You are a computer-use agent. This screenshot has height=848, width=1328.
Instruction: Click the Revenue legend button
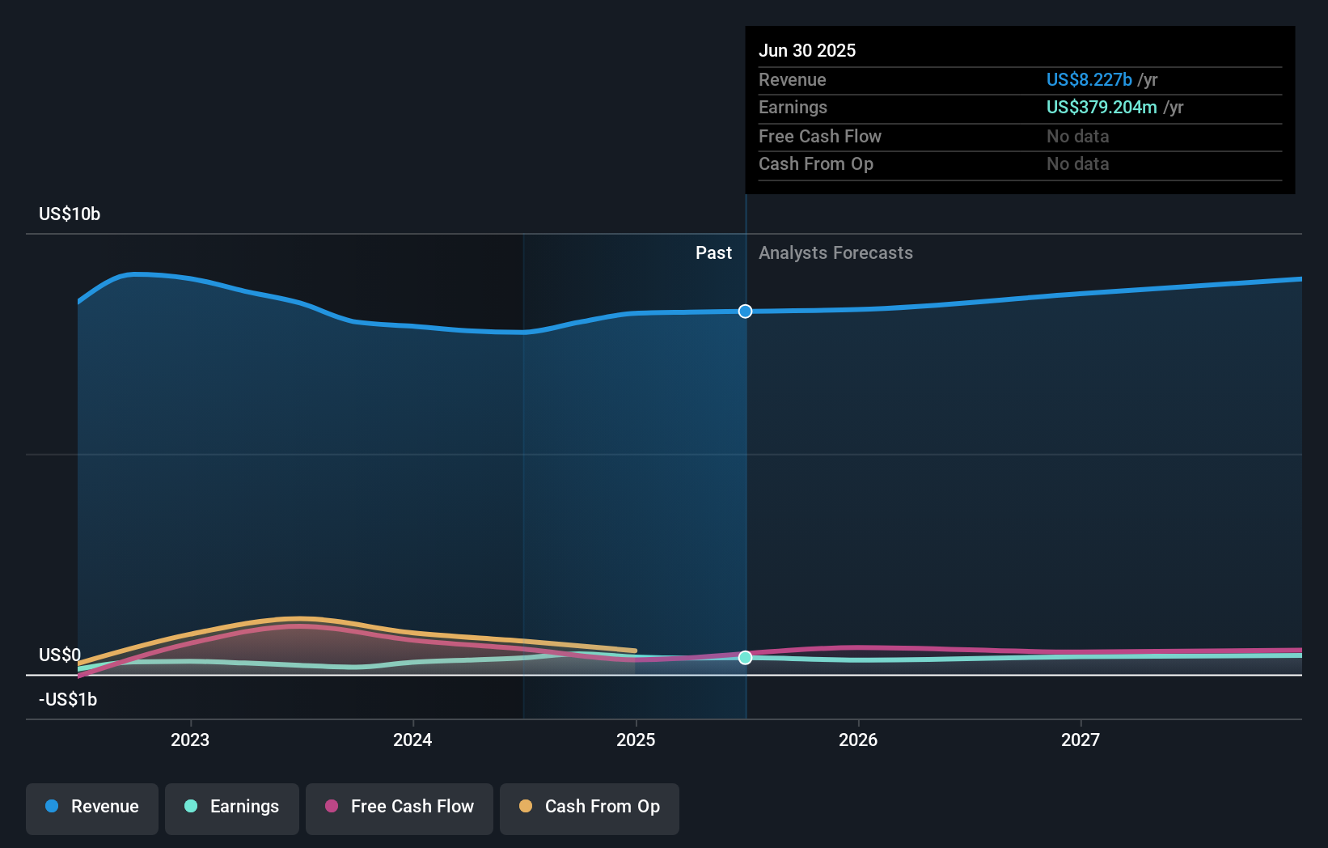pos(92,808)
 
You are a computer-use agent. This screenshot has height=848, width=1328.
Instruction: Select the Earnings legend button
pos(232,808)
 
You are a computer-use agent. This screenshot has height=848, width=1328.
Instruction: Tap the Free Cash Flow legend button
pos(400,808)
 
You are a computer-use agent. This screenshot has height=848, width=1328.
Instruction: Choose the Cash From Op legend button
pos(590,808)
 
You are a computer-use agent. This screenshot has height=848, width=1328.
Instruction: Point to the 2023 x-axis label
pos(190,740)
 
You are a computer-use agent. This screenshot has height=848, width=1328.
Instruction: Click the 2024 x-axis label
pos(412,740)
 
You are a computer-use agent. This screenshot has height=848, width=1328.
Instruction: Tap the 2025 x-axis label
pos(636,740)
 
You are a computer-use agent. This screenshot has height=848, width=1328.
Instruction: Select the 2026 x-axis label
pos(858,740)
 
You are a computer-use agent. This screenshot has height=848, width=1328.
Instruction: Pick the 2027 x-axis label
pos(1081,740)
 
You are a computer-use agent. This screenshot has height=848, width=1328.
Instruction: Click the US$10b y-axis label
pos(70,214)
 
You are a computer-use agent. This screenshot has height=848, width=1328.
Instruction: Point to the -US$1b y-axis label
pos(68,700)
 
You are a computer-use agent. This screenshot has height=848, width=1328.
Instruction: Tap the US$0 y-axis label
pos(60,655)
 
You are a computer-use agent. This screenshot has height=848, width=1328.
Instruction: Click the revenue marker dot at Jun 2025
pos(746,312)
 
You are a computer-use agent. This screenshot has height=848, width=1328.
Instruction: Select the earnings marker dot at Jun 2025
pos(746,658)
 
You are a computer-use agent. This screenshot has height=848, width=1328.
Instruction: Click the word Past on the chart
pos(713,253)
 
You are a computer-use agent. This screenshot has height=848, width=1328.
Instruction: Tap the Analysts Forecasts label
pos(835,253)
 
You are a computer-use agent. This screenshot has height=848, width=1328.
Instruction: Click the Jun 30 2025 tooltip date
pos(807,51)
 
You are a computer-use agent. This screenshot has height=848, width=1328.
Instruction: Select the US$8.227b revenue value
pos(1089,80)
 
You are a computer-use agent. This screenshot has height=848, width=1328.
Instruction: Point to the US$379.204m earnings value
pos(1102,108)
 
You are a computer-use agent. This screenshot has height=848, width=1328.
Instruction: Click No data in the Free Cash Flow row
pos(1077,137)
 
